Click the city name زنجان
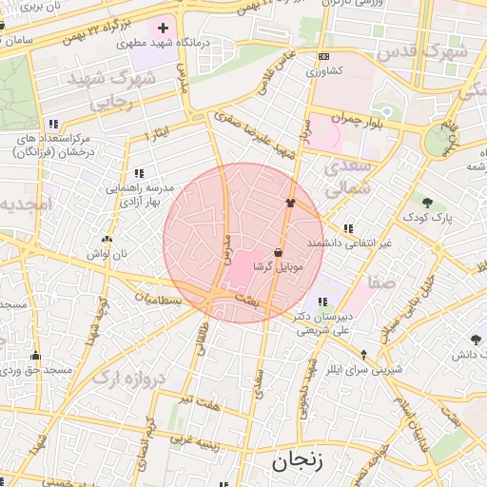297,463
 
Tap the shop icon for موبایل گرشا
278,252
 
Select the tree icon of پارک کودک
427,202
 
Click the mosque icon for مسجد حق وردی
36,354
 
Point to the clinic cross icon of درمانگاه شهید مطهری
164,28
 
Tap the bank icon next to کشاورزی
323,56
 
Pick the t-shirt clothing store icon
291,203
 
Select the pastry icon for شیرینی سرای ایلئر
362,355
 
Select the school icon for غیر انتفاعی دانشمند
348,228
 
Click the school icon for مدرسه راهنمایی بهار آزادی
139,173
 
